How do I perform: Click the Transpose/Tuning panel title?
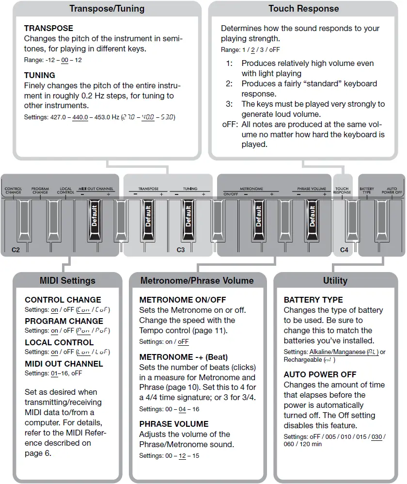click(106, 8)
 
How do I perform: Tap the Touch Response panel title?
click(304, 8)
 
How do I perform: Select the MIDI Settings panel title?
click(67, 280)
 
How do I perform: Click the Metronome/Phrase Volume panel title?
click(197, 280)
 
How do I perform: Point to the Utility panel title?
click(335, 280)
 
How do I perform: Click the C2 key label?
click(16, 250)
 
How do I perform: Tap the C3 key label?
click(180, 250)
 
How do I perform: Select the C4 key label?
click(344, 250)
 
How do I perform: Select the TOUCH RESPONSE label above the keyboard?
click(342, 190)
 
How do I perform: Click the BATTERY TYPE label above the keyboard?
click(367, 190)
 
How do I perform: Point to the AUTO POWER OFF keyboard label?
click(395, 190)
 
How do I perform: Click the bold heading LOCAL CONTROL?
click(59, 342)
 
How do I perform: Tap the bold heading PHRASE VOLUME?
click(174, 424)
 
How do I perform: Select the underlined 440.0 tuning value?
click(80, 117)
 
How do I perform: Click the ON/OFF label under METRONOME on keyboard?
click(230, 194)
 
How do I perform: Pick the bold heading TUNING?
click(40, 75)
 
